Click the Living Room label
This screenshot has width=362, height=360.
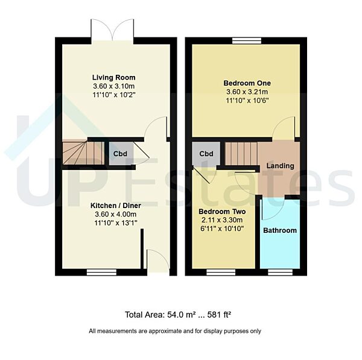[113, 77]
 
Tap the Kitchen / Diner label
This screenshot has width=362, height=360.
[113, 204]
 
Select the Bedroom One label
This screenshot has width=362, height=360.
[247, 83]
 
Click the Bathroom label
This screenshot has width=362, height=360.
[280, 230]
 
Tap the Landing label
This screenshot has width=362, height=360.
[281, 166]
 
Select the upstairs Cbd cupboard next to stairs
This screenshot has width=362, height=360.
[206, 153]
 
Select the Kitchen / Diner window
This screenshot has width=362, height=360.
[101, 272]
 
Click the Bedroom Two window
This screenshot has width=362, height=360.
[220, 272]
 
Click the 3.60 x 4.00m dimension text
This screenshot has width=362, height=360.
[113, 214]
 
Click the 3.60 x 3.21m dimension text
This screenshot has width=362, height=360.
[247, 92]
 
